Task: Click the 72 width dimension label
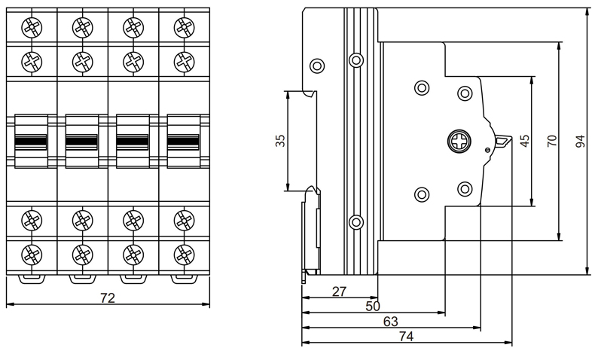coord(108,298)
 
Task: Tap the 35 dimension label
coord(280,141)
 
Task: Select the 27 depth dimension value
coord(339,291)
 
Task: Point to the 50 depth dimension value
coord(372,306)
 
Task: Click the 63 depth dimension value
coord(390,322)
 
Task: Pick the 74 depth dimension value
coord(406,337)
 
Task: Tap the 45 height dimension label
coord(525,141)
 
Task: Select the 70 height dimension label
coord(552,141)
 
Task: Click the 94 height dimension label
coord(580,141)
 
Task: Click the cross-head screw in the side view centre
coord(458,141)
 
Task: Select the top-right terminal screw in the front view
coord(183,27)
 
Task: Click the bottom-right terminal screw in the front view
coord(183,253)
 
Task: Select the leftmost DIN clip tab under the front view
coord(31,279)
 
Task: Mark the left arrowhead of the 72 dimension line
coord(8,305)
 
